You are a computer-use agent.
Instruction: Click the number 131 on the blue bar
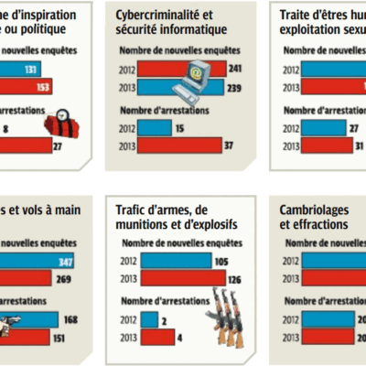click(38, 68)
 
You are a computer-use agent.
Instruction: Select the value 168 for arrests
click(70, 320)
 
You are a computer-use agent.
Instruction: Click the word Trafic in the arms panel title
click(133, 212)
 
